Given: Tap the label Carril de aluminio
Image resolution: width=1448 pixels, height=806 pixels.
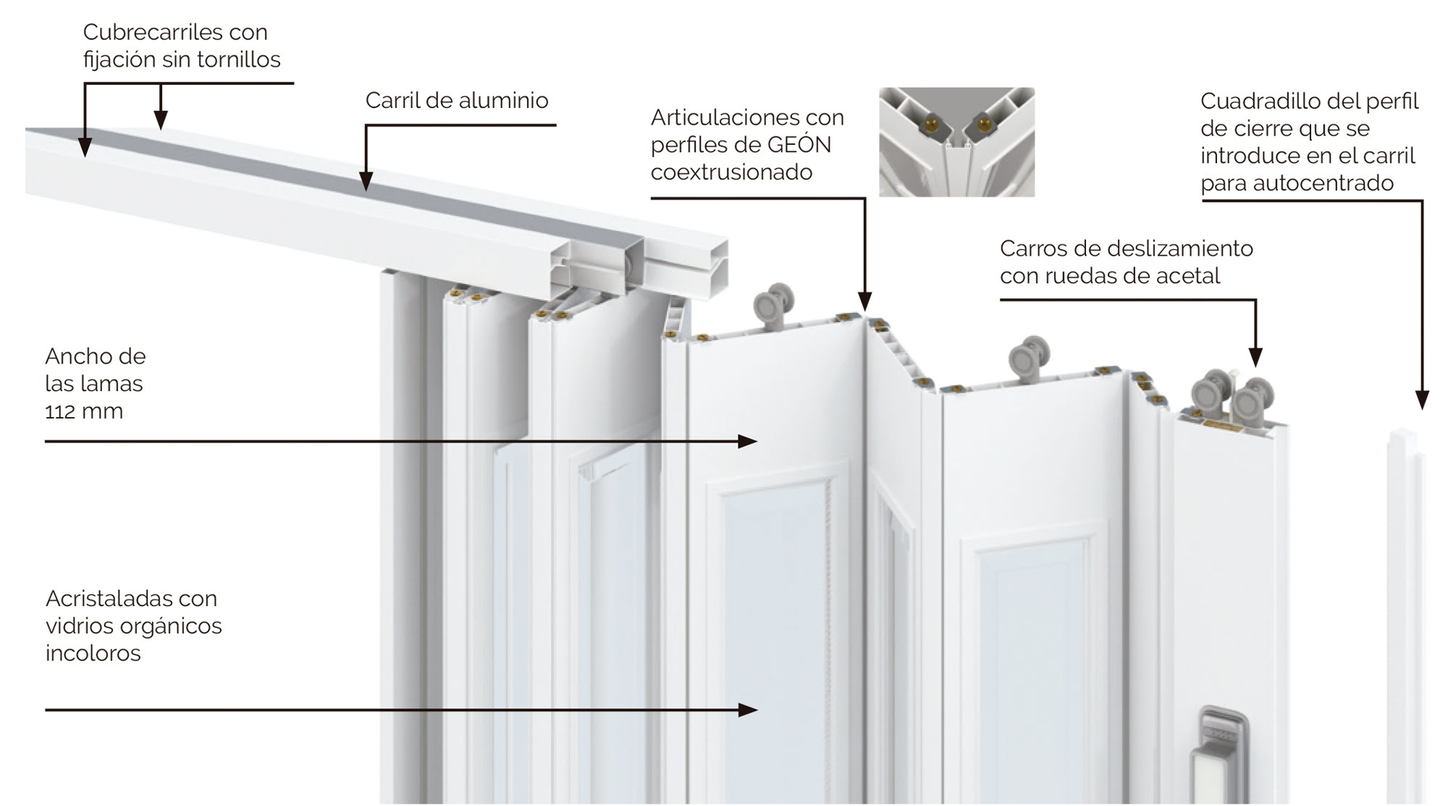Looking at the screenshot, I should [x=456, y=100].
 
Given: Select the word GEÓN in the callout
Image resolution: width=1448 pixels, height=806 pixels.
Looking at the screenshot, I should [x=799, y=145].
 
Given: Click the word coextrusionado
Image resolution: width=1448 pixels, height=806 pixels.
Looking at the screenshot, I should [x=731, y=172].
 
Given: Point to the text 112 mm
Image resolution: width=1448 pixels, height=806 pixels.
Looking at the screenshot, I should [x=84, y=411].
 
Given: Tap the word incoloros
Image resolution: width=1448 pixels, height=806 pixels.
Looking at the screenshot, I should [x=93, y=653].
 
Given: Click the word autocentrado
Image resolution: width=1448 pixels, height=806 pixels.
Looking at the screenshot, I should [x=1323, y=183].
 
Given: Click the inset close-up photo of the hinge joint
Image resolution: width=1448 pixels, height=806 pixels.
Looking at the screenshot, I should [x=956, y=142].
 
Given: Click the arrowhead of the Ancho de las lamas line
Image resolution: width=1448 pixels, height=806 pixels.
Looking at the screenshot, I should [x=749, y=441].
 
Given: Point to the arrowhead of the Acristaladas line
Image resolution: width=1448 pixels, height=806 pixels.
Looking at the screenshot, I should [x=749, y=710].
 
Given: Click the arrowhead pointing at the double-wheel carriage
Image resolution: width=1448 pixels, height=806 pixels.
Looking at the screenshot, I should [x=1255, y=358].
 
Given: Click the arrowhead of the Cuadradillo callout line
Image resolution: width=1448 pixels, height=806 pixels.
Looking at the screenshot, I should [x=1421, y=400].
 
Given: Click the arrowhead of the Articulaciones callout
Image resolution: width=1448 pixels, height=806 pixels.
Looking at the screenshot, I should [x=864, y=302].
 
